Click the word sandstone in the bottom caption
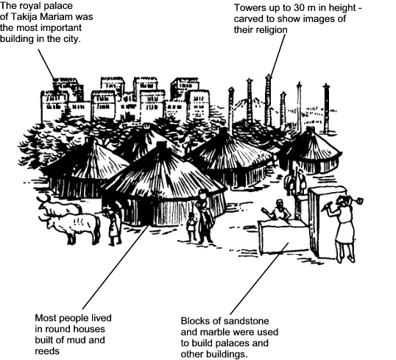pyautogui.click(x=247, y=321)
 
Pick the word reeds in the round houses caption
pyautogui.click(x=47, y=351)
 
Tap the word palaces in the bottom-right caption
pyautogui.click(x=231, y=343)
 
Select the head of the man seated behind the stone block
pyautogui.click(x=279, y=203)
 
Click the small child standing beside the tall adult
pyautogui.click(x=191, y=227)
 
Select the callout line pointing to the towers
pyautogui.click(x=277, y=54)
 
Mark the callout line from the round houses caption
pyautogui.click(x=116, y=267)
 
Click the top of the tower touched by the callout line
pyautogui.click(x=268, y=75)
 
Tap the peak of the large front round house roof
pyautogui.click(x=161, y=143)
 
